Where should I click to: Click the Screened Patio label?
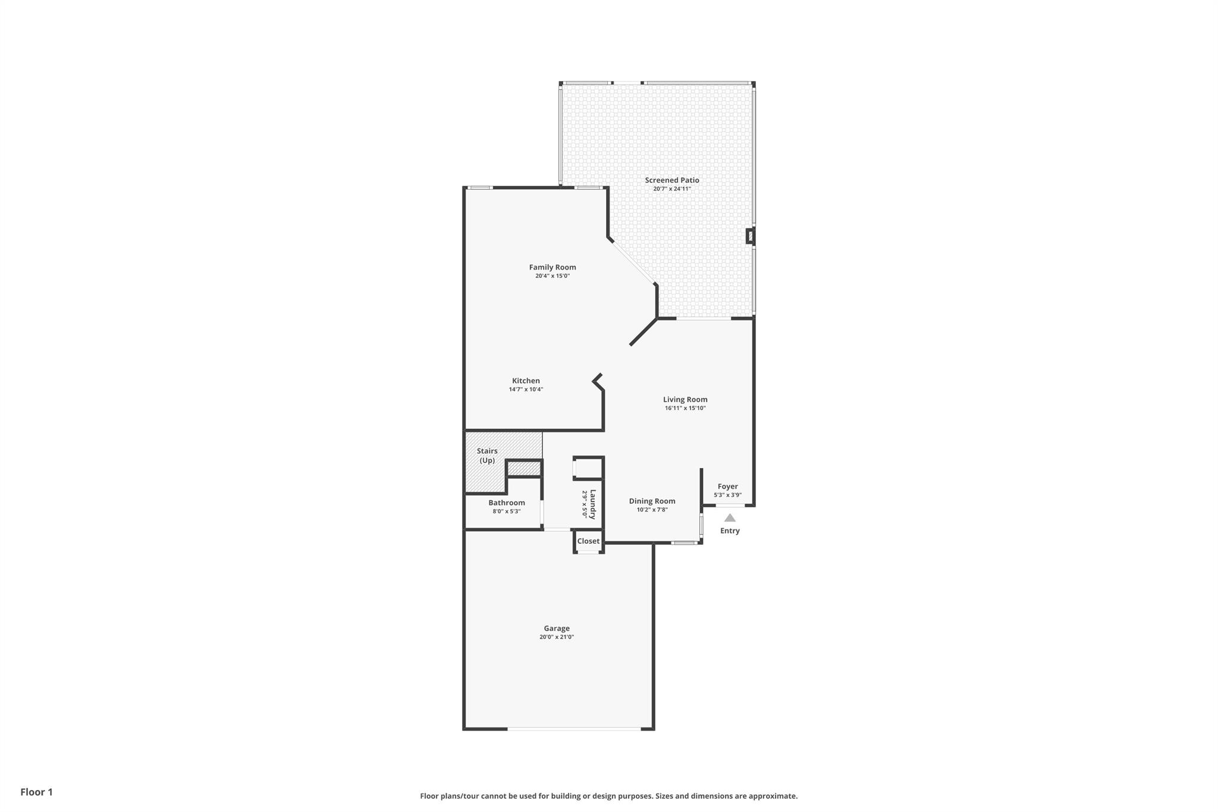pos(672,180)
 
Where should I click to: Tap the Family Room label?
pos(553,267)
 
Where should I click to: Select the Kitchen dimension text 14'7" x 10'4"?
pos(526,390)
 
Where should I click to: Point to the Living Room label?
pos(685,399)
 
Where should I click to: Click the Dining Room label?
pos(652,501)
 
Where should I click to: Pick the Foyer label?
pos(727,487)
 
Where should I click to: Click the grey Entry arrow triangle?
pos(730,518)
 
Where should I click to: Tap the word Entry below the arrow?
pos(730,531)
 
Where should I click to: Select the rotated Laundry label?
pos(592,504)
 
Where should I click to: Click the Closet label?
pos(588,541)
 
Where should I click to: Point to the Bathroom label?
pos(507,503)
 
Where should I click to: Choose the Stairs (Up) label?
pos(487,456)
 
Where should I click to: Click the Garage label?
pos(557,628)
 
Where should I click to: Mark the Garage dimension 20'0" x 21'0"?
pos(557,637)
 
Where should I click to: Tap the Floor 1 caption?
pos(36,792)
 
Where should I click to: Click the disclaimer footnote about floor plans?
pos(609,796)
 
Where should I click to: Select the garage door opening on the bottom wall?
pos(574,729)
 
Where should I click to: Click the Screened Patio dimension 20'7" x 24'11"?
pos(672,189)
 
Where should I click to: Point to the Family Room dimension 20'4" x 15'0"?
pos(553,276)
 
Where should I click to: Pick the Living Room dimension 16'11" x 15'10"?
pos(685,408)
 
